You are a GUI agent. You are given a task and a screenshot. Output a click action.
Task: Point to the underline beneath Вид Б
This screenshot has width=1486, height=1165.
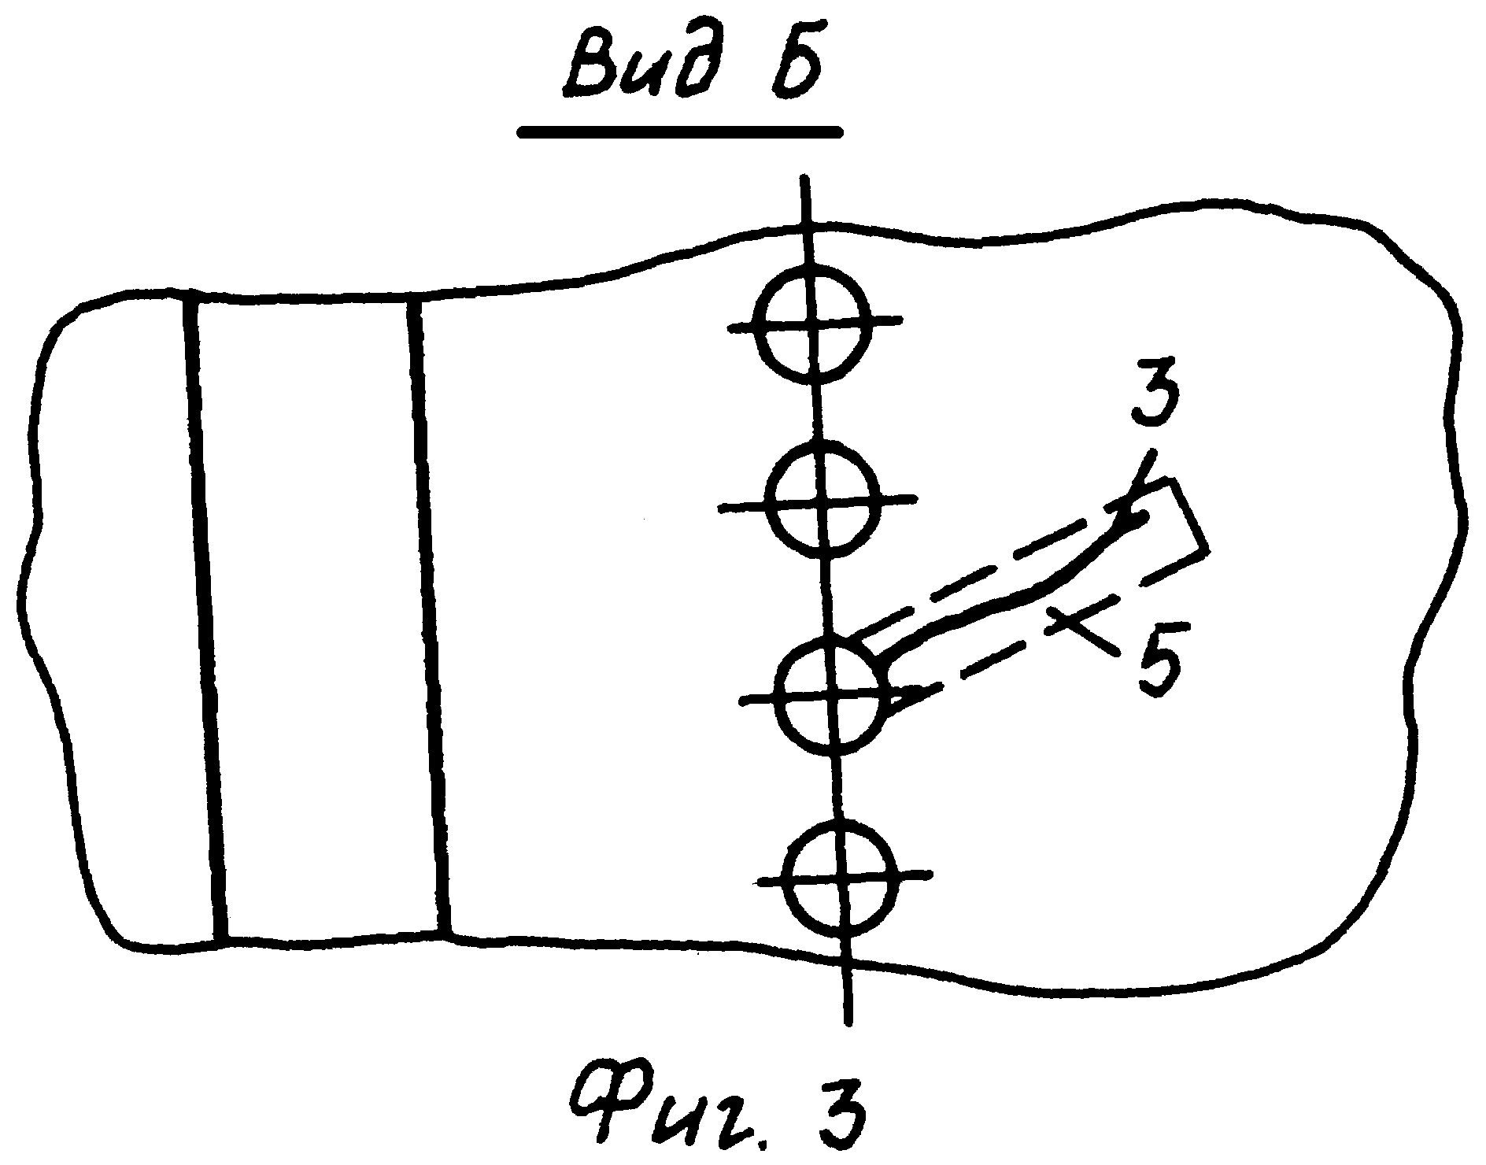pyautogui.click(x=679, y=133)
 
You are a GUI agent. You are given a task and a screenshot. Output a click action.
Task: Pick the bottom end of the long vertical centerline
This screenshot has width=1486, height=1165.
pyautogui.click(x=847, y=1022)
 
